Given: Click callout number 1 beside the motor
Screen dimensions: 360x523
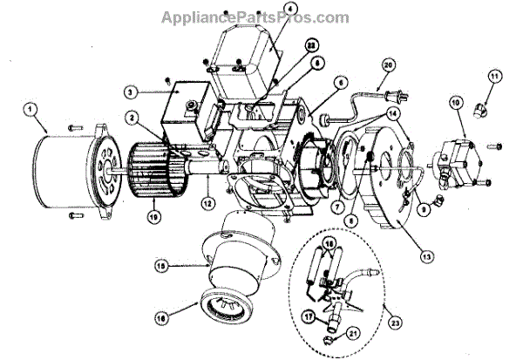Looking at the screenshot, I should click(31, 111).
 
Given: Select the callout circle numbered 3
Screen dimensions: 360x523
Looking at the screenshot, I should click(128, 91).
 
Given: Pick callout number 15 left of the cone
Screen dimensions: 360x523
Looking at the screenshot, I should click(160, 262).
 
